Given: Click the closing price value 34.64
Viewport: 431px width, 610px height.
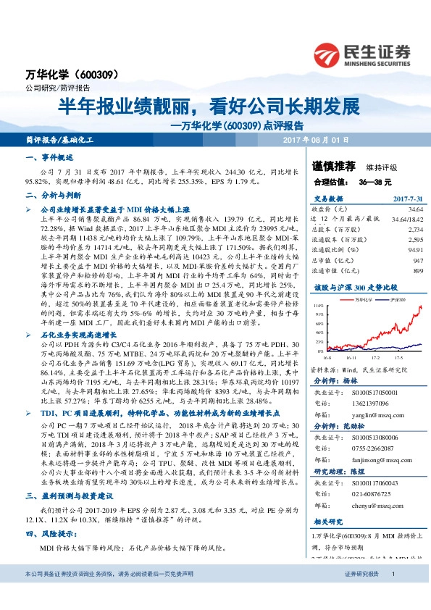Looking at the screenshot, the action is [414, 208].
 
